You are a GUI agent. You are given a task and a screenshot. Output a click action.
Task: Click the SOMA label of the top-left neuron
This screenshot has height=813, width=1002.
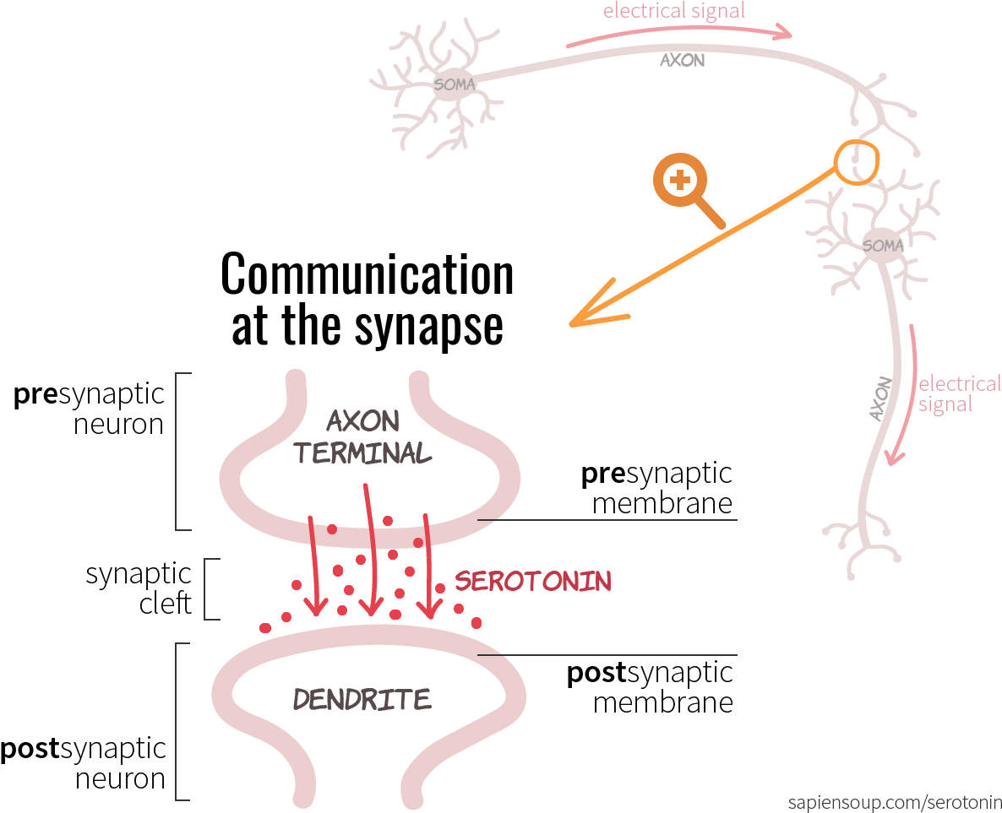454,84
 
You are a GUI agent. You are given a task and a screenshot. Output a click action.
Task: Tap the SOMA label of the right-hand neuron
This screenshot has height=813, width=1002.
883,246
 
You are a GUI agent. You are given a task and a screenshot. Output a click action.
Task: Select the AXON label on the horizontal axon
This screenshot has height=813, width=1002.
682,61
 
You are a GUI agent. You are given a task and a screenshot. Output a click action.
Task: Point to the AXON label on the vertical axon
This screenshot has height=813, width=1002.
880,398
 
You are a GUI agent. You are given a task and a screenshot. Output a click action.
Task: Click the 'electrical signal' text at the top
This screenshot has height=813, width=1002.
674,12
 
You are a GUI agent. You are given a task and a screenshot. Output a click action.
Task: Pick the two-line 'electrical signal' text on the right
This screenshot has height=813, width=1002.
958,394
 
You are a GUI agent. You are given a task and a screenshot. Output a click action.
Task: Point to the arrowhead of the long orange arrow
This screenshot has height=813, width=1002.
591,316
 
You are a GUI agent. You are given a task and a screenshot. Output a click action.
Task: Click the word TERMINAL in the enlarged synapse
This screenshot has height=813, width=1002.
362,453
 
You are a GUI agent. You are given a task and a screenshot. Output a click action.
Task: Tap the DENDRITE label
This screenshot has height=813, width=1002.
362,699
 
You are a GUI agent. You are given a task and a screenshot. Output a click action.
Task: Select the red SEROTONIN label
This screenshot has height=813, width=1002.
533,581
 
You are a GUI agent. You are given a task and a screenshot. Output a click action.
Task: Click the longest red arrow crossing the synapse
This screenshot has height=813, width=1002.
369,549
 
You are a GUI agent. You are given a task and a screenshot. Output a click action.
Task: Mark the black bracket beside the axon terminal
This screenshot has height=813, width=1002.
177,452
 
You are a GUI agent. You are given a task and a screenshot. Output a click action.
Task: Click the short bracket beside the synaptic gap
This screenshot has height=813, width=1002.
207,588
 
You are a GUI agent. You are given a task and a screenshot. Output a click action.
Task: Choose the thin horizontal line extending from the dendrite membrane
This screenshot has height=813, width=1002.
608,654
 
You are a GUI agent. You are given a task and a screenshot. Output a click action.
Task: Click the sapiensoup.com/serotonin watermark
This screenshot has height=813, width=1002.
894,801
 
